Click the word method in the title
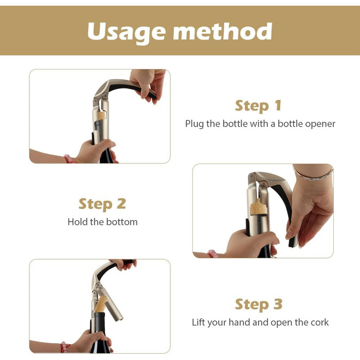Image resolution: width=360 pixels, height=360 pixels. [223, 31]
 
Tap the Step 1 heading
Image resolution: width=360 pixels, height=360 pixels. [258, 106]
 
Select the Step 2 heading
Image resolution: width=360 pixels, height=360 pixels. [102, 204]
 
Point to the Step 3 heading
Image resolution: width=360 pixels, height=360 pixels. [259, 304]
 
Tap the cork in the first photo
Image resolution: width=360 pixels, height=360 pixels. [101, 115]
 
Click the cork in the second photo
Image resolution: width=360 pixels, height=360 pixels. [259, 207]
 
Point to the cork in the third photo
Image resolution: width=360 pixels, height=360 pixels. [101, 304]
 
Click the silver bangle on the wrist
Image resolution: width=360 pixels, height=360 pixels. [313, 174]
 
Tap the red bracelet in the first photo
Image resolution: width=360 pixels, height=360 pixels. [68, 159]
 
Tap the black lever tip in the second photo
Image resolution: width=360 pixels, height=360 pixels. [292, 243]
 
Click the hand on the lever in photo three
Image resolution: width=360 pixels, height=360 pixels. [124, 264]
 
